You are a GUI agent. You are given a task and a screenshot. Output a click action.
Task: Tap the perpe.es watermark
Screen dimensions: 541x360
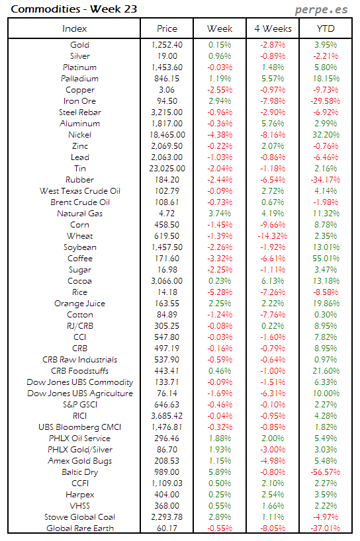(x=322, y=10)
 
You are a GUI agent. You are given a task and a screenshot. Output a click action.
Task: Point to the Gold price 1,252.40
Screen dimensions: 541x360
(x=167, y=45)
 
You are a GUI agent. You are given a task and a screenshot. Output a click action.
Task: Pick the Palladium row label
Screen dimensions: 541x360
(x=79, y=79)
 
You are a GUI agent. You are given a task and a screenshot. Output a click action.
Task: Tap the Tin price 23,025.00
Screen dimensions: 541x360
(x=167, y=169)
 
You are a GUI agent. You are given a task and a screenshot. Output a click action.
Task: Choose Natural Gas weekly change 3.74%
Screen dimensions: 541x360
(x=220, y=214)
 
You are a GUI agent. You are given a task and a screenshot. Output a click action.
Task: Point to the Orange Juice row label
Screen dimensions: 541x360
(x=79, y=304)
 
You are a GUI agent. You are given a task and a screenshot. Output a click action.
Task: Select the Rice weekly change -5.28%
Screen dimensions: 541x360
(x=220, y=292)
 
